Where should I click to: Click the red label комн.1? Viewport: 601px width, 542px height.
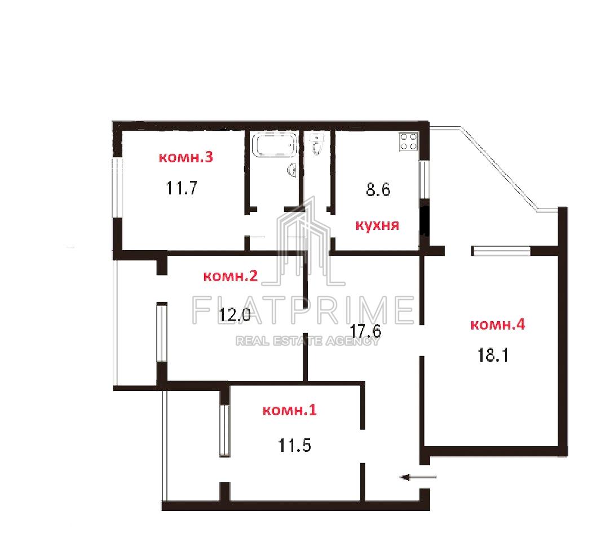pos(290,411)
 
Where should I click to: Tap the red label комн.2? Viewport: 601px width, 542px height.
pos(230,277)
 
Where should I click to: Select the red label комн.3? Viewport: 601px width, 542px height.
pos(186,158)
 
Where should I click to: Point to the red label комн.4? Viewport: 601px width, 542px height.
pos(498,325)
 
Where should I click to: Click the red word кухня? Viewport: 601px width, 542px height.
pos(377,226)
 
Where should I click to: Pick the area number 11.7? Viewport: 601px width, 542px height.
pos(181,187)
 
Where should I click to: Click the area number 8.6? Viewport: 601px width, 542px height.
pos(378,189)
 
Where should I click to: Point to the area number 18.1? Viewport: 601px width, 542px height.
pos(493,356)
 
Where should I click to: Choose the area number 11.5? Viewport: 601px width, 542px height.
pos(294,446)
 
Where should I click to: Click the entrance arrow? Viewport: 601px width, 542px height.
pos(418,478)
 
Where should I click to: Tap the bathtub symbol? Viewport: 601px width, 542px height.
pos(273,145)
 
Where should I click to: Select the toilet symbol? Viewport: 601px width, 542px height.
pos(317,144)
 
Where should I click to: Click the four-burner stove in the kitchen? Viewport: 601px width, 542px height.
pos(408,141)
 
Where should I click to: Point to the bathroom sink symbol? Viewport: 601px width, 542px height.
pos(293,170)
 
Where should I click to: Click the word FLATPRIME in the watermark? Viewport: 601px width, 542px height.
pos(303,309)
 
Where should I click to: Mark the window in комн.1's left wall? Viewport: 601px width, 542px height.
pos(224,431)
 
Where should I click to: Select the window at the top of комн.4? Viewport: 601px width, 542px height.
pos(501,251)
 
